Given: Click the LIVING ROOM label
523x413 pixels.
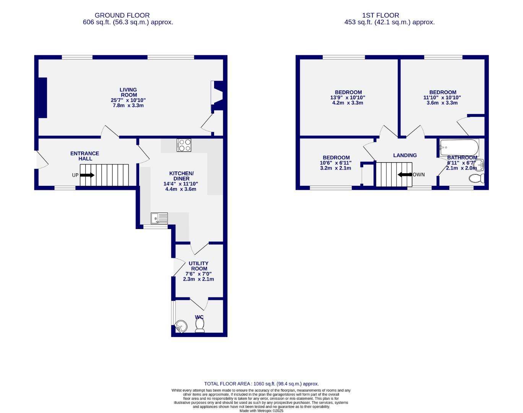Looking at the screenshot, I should [128, 93].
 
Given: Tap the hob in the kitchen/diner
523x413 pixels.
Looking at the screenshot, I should [184, 145].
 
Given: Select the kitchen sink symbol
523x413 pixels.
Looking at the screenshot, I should [159, 218].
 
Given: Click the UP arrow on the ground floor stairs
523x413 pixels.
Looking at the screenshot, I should [88, 175].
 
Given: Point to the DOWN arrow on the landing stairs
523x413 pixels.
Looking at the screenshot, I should [405, 175].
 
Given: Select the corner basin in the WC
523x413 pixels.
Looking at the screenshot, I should [180, 326].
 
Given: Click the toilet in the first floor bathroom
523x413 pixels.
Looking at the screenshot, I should [477, 178].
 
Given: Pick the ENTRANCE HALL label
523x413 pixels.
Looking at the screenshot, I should [84, 156].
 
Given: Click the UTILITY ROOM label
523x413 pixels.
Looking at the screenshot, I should [199, 266].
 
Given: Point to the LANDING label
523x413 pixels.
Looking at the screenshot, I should [405, 155].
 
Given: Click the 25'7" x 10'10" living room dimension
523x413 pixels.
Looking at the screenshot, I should [128, 100].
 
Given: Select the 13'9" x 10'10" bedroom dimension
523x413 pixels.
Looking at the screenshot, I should [348, 98].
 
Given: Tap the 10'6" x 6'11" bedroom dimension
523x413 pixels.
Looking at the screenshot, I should [336, 163].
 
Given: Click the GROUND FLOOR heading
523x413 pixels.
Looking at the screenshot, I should [122, 15].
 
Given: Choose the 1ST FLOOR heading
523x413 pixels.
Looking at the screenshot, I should [380, 15].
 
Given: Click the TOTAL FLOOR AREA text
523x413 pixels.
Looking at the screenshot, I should [261, 384].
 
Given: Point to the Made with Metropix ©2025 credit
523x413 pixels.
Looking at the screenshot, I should [261, 411].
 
